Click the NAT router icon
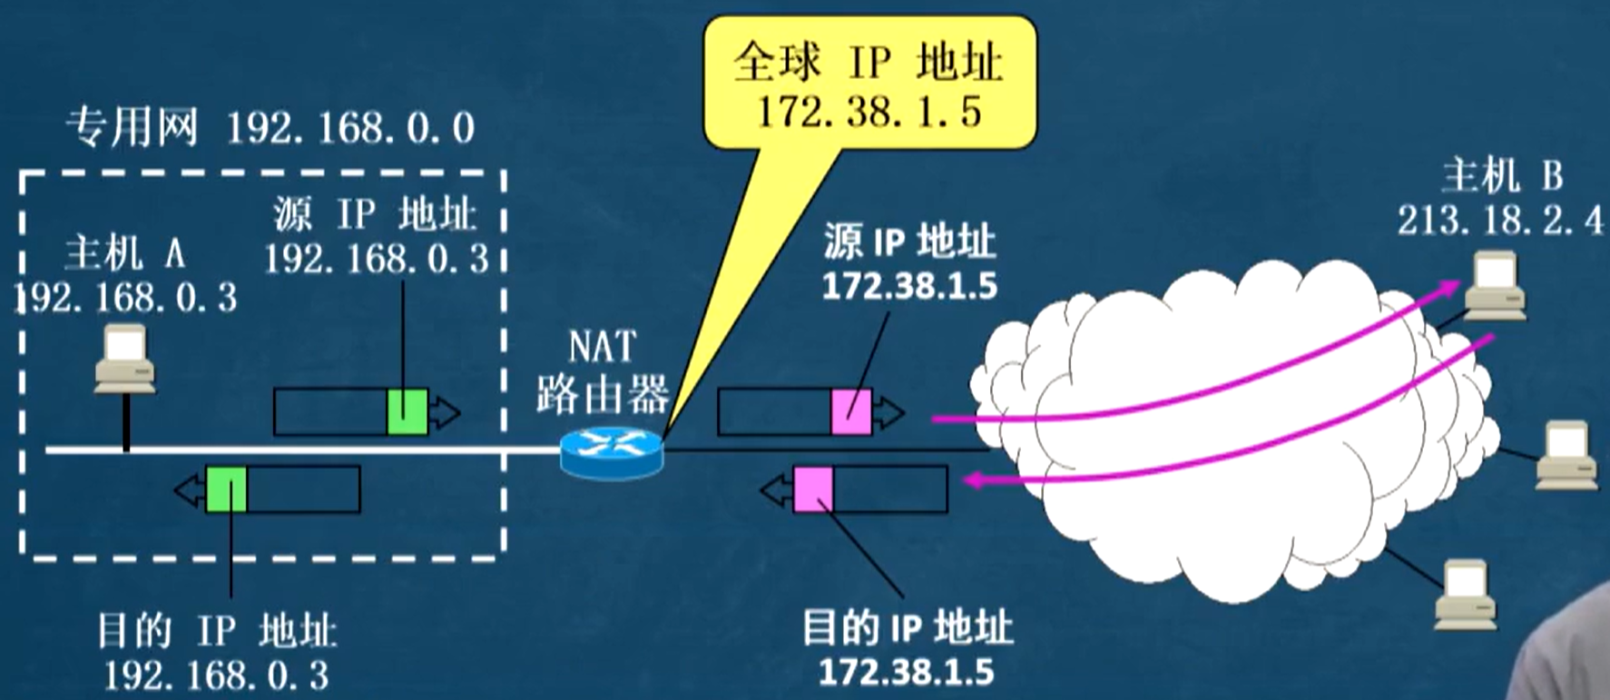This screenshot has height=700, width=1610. point(611,452)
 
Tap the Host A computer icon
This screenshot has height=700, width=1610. point(125,359)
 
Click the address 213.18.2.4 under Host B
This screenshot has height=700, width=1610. point(1499,221)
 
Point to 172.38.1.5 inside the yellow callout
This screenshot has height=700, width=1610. point(869,112)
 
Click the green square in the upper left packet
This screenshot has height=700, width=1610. point(407,411)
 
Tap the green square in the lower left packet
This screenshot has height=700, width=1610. point(226,488)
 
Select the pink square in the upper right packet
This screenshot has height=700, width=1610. point(850,411)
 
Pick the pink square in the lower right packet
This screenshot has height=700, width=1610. point(813,488)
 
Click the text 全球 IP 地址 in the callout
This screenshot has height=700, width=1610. point(869,63)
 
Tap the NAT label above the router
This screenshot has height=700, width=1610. point(602,347)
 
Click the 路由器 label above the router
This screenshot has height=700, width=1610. point(602,394)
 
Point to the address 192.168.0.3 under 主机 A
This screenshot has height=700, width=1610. point(127,297)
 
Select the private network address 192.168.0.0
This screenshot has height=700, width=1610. point(349,128)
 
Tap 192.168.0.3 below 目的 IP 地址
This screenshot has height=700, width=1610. point(216,675)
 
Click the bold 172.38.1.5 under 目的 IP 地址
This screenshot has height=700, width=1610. point(906,673)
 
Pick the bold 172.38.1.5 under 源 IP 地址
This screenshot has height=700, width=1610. point(909,286)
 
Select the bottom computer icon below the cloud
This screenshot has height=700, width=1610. point(1464,595)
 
